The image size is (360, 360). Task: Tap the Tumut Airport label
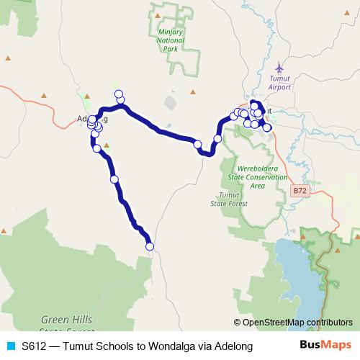tap(279, 82)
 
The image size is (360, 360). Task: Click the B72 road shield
tap(301, 191)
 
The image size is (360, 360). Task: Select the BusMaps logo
tap(325, 346)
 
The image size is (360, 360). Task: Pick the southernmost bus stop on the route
tap(150, 247)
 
